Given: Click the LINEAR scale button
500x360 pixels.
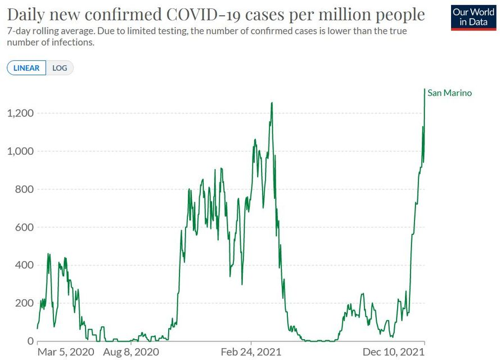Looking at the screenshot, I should tap(26, 68).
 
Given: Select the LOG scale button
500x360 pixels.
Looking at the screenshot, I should tap(60, 68).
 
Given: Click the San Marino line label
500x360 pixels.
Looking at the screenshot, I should tap(449, 93).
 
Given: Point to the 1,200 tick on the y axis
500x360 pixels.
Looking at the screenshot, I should tap(20, 113).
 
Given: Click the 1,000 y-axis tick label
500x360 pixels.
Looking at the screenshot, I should tap(20, 151).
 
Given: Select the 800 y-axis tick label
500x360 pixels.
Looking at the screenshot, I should tap(23, 190).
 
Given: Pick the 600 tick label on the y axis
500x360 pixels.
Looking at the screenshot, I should tap(23, 227).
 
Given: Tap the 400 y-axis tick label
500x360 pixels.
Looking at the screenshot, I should tap(23, 265).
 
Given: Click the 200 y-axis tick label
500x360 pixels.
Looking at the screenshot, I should tap(23, 303).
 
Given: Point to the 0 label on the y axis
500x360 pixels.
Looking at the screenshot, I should tap(30, 341).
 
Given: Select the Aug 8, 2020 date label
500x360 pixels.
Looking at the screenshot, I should tap(131, 353).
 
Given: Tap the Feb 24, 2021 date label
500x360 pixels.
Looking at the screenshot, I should tap(251, 353).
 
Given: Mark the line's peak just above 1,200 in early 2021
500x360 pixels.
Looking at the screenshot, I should tap(272, 103).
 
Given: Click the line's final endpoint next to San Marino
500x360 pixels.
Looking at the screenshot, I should tap(425, 89).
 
